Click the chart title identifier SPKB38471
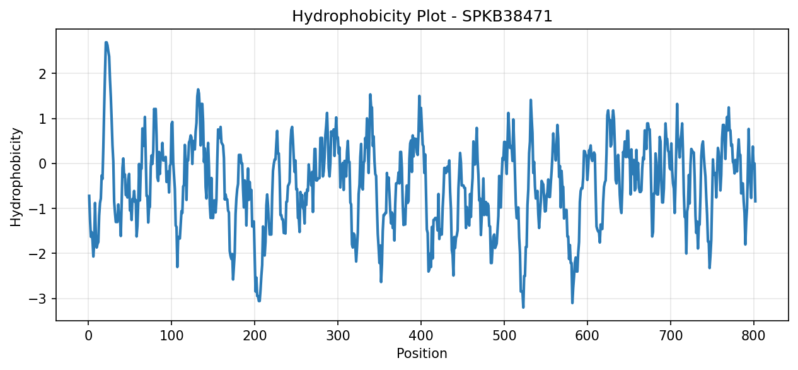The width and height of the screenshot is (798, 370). (507, 16)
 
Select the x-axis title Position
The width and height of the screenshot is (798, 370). (422, 353)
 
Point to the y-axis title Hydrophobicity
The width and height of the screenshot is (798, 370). (16, 177)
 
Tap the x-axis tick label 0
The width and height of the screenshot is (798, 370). (88, 336)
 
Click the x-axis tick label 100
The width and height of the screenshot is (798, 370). (171, 336)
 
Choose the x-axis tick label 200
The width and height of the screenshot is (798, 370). (255, 336)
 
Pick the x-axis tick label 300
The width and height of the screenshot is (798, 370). (338, 336)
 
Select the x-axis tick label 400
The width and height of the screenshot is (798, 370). (421, 336)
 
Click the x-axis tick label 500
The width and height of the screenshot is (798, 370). (504, 336)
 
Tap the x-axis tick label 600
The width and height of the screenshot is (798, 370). (587, 336)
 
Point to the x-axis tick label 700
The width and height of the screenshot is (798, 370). (671, 336)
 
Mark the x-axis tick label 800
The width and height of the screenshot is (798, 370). (753, 336)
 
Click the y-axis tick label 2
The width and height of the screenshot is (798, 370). (43, 74)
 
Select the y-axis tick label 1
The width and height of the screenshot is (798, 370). (43, 119)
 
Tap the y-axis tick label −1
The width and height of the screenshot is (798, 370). (38, 209)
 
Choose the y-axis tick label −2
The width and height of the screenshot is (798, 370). (38, 254)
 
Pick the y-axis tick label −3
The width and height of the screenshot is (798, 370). (38, 299)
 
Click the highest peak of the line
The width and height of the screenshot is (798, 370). (106, 42)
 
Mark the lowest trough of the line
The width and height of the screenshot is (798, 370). (523, 307)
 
